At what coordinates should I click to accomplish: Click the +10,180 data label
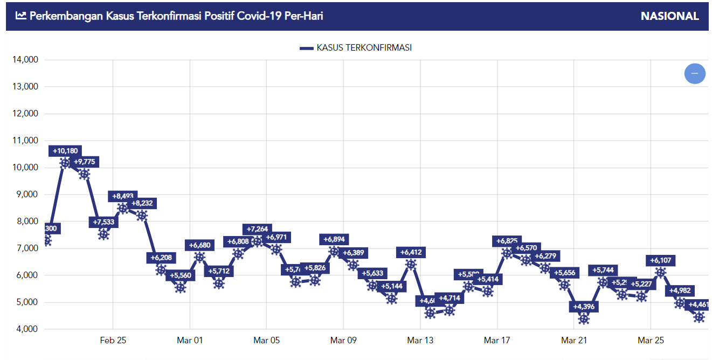(65, 151)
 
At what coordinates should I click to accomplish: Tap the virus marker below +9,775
(84, 174)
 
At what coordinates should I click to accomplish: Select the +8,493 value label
(123, 196)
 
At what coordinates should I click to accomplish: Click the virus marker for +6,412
(411, 264)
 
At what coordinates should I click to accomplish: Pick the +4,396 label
(584, 307)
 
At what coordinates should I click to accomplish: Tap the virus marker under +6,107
(660, 273)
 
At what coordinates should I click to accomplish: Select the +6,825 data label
(507, 241)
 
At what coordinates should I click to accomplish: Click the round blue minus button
(695, 73)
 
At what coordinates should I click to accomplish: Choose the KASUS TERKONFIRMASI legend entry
(356, 48)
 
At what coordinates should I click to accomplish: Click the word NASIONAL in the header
(669, 16)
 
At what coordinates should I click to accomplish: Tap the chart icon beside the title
(21, 16)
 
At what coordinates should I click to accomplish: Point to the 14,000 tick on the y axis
(25, 60)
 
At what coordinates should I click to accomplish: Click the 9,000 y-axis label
(25, 195)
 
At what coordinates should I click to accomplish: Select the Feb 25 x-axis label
(113, 341)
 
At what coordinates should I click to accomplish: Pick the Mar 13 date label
(420, 341)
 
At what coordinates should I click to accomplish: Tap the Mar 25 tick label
(651, 341)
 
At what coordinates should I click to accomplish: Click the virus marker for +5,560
(181, 287)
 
